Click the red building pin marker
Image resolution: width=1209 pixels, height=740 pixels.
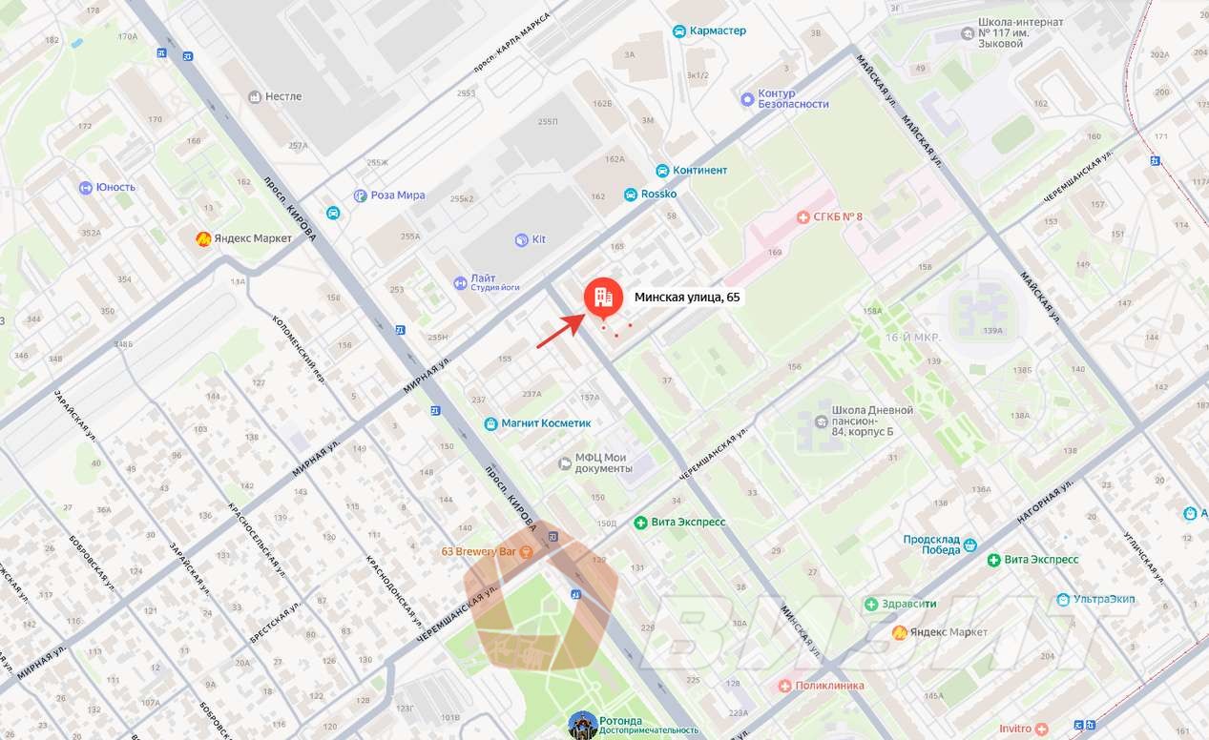pos(602,298)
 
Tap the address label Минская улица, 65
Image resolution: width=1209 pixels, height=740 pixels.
pos(687,298)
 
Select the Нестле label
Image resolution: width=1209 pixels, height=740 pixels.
pos(283,96)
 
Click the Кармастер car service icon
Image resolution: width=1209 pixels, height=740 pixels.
pos(679,31)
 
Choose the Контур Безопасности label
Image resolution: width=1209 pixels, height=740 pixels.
pos(792,99)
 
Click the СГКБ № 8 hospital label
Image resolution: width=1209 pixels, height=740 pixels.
pos(837,217)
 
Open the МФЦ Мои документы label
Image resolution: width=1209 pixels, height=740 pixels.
pos(601,463)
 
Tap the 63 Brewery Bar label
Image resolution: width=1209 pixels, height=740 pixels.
pos(479,552)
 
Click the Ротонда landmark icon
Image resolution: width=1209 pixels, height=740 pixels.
pos(582,724)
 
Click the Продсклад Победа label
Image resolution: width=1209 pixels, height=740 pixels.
pos(932,545)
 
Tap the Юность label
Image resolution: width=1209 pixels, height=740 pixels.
pos(115,188)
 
